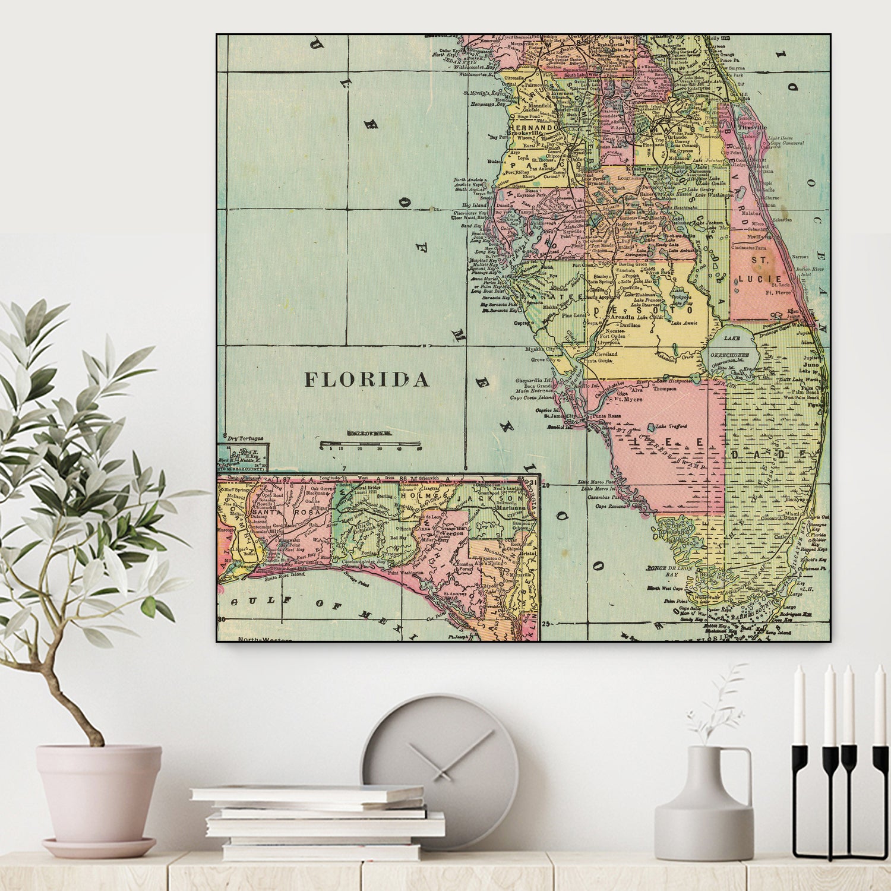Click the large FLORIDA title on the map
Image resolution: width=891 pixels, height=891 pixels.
pyautogui.click(x=366, y=380)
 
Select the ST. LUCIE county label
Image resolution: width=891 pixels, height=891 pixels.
pyautogui.click(x=760, y=270)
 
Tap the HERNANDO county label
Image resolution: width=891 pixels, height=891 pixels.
pyautogui.click(x=533, y=127)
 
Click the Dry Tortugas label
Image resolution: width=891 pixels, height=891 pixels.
pyautogui.click(x=245, y=438)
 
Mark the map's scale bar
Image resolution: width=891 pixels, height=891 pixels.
pyautogui.click(x=369, y=443)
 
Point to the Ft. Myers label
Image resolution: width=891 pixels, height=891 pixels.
pyautogui.click(x=629, y=399)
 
